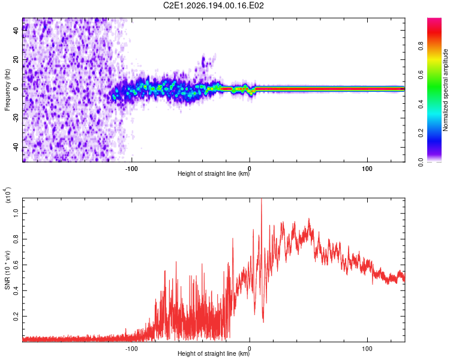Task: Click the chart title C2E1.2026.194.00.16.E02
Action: pyautogui.click(x=213, y=5)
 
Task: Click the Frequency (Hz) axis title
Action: pyautogui.click(x=7, y=90)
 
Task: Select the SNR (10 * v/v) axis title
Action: pyautogui.click(x=7, y=270)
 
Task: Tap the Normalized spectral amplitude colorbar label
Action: pyautogui.click(x=445, y=90)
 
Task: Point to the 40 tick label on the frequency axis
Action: pyautogui.click(x=16, y=30)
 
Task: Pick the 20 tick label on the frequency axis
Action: pyautogui.click(x=16, y=59)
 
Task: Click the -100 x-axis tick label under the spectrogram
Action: pyautogui.click(x=131, y=169)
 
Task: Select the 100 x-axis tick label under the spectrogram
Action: pyautogui.click(x=367, y=169)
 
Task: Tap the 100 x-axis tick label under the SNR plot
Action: pyautogui.click(x=367, y=349)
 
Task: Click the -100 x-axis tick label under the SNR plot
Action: pyautogui.click(x=131, y=349)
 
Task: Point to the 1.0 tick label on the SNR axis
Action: pyautogui.click(x=16, y=214)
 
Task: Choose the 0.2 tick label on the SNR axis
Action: pyautogui.click(x=16, y=316)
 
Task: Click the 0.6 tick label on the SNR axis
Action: pyautogui.click(x=16, y=265)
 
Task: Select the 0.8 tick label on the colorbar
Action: pyautogui.click(x=421, y=46)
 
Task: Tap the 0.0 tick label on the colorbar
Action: pyautogui.click(x=421, y=163)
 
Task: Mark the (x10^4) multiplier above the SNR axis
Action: pyautogui.click(x=8, y=195)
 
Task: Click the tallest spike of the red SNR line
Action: pyautogui.click(x=261, y=199)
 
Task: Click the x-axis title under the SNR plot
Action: pyautogui.click(x=214, y=353)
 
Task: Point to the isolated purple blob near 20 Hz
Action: pyautogui.click(x=203, y=61)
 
